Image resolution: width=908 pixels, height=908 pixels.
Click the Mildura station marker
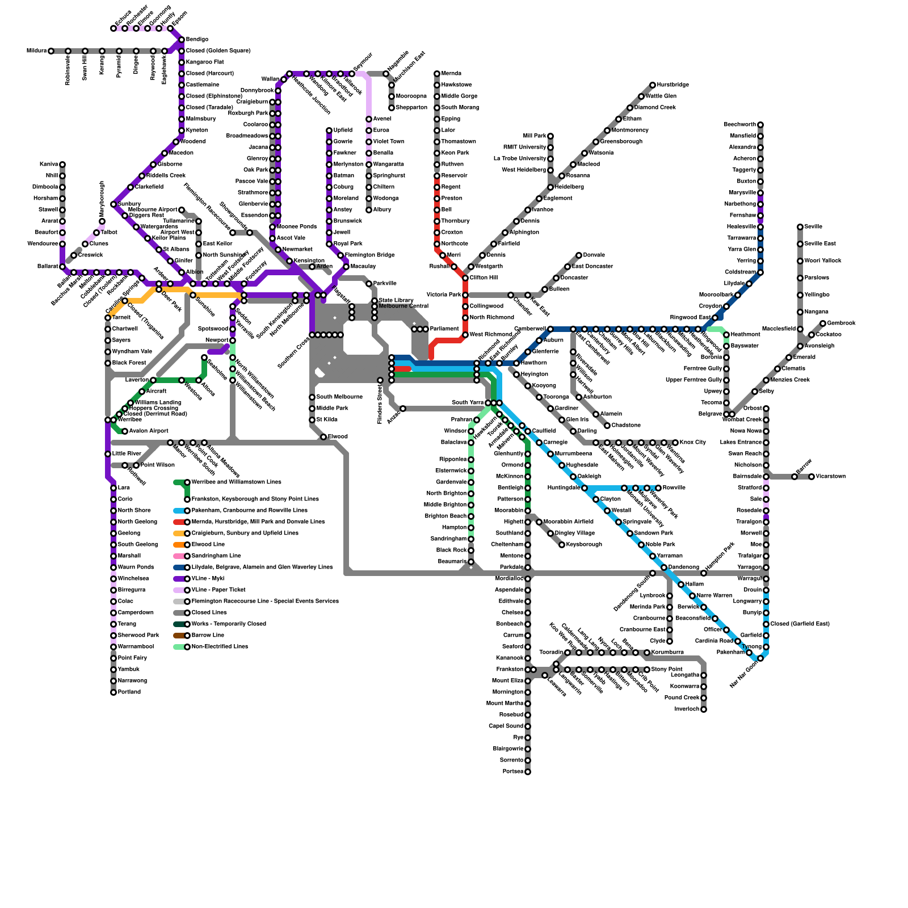(x=51, y=51)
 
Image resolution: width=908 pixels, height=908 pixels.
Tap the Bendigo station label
(x=197, y=40)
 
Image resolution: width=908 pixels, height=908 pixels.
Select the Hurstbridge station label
(x=673, y=85)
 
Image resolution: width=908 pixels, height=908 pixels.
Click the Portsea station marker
(x=528, y=772)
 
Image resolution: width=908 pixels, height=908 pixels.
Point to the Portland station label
(x=129, y=692)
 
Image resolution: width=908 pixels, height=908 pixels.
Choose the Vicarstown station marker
(x=812, y=477)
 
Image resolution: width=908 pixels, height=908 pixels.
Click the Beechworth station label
(x=739, y=125)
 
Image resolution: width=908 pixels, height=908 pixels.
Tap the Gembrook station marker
(x=823, y=323)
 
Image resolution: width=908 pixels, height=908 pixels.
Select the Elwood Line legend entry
(x=208, y=545)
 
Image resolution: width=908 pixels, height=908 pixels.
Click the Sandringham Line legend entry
(x=216, y=556)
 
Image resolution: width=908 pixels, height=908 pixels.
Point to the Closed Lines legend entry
(x=209, y=613)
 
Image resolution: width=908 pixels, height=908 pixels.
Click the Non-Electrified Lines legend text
(x=220, y=647)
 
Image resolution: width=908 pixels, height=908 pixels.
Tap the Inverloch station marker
(x=704, y=709)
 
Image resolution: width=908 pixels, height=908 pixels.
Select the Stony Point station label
(x=667, y=670)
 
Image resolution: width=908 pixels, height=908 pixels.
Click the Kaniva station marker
(x=62, y=165)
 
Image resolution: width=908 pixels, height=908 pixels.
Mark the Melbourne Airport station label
(x=153, y=210)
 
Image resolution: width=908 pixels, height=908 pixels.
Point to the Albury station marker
(x=369, y=210)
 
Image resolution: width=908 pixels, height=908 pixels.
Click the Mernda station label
(x=451, y=74)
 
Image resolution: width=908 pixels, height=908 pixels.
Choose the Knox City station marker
(x=675, y=443)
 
